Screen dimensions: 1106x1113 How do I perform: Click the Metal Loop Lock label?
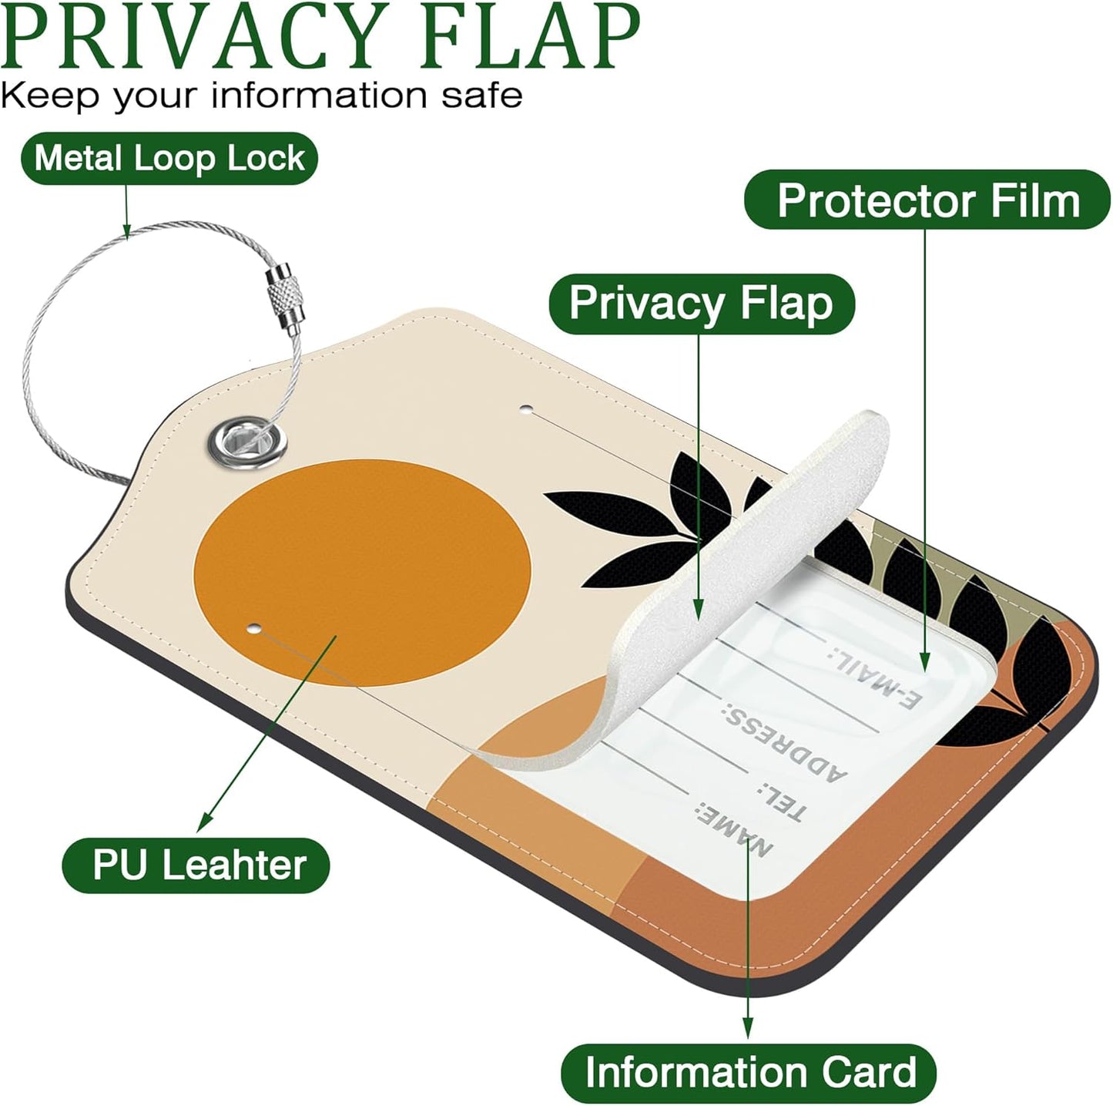click(x=169, y=159)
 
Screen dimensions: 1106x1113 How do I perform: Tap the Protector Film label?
click(x=927, y=200)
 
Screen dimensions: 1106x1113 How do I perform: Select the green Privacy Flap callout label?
click(x=701, y=303)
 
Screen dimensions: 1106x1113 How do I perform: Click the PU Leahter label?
click(x=197, y=865)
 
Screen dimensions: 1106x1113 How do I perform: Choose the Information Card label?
click(x=749, y=1072)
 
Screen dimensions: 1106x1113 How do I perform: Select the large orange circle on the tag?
click(x=362, y=570)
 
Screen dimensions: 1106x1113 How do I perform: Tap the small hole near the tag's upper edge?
click(x=526, y=409)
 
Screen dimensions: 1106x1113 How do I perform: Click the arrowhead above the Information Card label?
click(x=747, y=1029)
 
